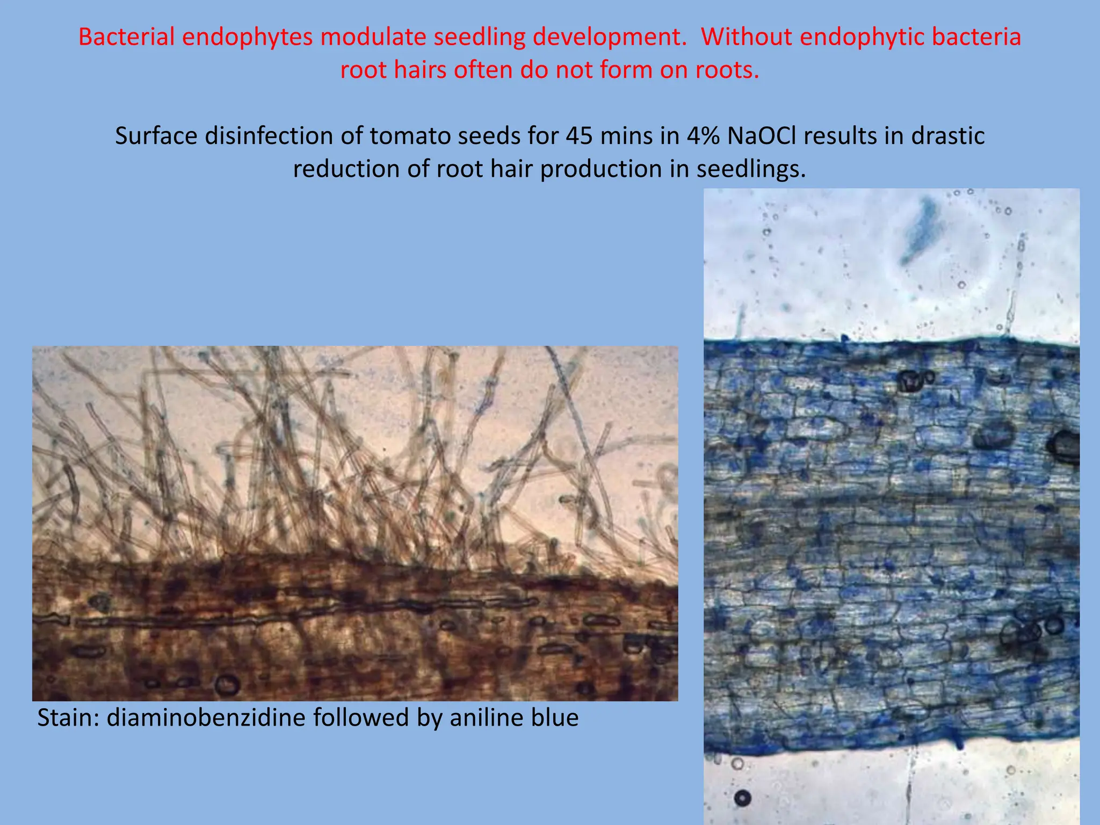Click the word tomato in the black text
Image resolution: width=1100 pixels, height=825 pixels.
pos(400,136)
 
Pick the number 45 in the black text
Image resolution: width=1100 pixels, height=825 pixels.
pos(579,136)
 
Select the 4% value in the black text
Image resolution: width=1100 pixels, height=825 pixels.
pos(704,136)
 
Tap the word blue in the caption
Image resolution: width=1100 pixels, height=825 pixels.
pos(555,718)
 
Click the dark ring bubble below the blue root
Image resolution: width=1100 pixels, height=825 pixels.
pos(743,798)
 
